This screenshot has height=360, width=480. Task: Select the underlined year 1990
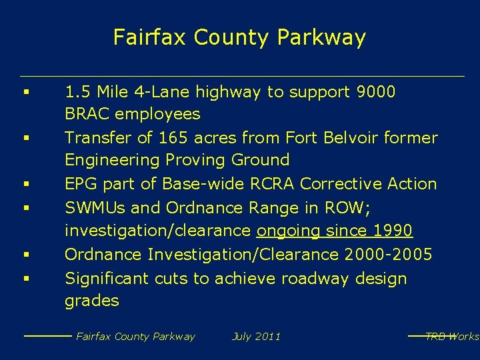pos(393,231)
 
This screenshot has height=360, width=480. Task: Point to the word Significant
pos(107,278)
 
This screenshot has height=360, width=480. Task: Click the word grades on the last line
pos(91,301)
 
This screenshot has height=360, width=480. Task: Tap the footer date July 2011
pos(256,337)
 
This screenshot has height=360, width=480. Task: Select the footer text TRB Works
pos(452,337)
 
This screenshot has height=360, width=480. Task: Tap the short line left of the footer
pos(47,336)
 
